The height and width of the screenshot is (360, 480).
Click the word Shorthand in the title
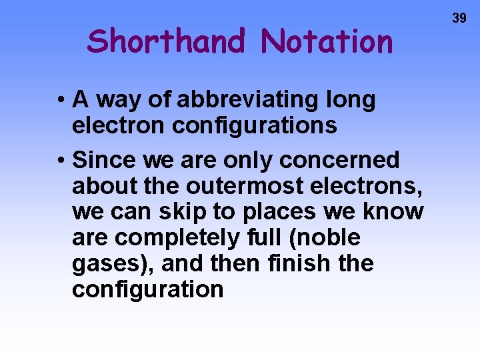[x=167, y=41]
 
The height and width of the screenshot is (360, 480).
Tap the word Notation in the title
[x=327, y=41]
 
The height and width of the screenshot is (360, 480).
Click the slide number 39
[x=459, y=19]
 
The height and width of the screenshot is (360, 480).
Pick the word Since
[x=103, y=160]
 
